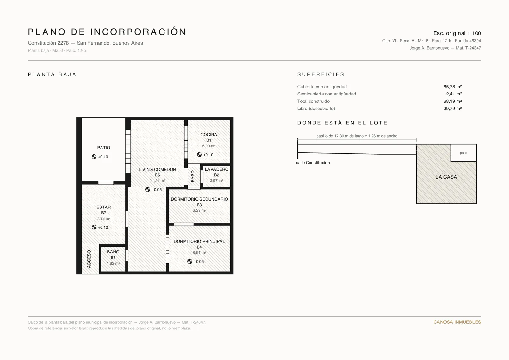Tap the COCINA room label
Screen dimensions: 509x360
pyautogui.click(x=209, y=135)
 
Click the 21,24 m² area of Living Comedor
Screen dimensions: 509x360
pyautogui.click(x=157, y=181)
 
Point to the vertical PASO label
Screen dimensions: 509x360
pyautogui.click(x=193, y=176)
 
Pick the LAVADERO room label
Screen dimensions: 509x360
pyautogui.click(x=216, y=169)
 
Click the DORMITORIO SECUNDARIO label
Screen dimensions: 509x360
pyautogui.click(x=199, y=199)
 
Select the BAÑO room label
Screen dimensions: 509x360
pyautogui.click(x=113, y=252)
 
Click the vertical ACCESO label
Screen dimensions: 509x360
pyautogui.click(x=89, y=259)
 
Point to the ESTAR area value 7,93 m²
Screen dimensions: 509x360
pyautogui.click(x=104, y=219)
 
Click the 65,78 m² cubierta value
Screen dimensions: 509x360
pyautogui.click(x=452, y=87)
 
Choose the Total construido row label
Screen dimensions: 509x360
pyautogui.click(x=313, y=101)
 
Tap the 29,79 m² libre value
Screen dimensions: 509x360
pyautogui.click(x=452, y=109)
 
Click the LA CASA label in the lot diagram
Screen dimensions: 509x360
pyautogui.click(x=446, y=177)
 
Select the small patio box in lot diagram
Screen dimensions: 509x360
pyautogui.click(x=464, y=153)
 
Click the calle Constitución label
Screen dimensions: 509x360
pyautogui.click(x=313, y=163)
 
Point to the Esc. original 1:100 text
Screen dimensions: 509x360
pyautogui.click(x=457, y=33)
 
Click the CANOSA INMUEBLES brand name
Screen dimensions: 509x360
pyautogui.click(x=457, y=322)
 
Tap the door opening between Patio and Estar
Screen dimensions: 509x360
pyautogui.click(x=106, y=183)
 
